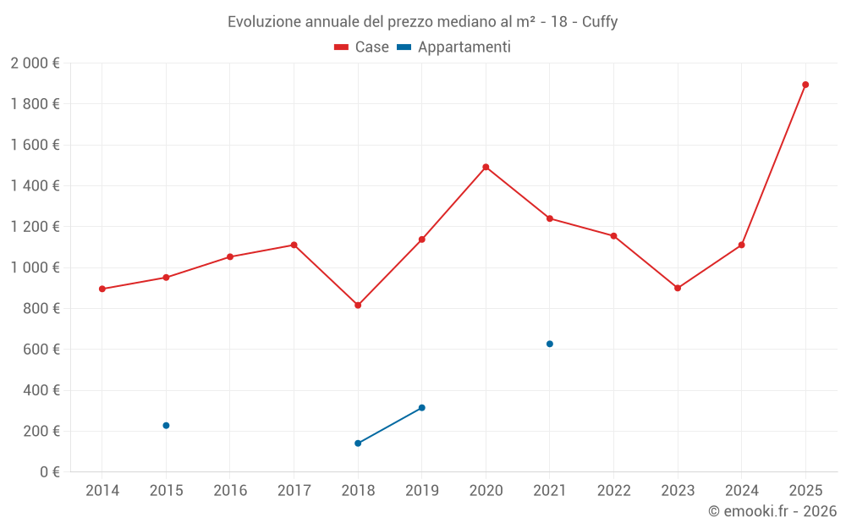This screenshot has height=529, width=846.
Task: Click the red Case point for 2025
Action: pyautogui.click(x=805, y=85)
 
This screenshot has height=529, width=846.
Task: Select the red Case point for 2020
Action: pyautogui.click(x=486, y=167)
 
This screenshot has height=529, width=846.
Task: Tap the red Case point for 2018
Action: pyautogui.click(x=358, y=305)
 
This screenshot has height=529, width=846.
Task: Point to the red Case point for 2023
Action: pyautogui.click(x=678, y=288)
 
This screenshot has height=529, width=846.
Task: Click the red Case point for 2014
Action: pyautogui.click(x=102, y=289)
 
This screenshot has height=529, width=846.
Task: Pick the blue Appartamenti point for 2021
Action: pyautogui.click(x=550, y=344)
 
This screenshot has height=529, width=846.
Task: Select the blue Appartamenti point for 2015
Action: pyautogui.click(x=166, y=426)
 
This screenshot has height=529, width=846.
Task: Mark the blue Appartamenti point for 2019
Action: pyautogui.click(x=422, y=408)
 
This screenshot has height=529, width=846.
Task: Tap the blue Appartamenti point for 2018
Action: pyautogui.click(x=358, y=443)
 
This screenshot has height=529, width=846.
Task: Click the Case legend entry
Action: pyautogui.click(x=362, y=47)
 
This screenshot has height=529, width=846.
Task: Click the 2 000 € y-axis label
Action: pyautogui.click(x=35, y=63)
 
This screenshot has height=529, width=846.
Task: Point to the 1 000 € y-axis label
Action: pyautogui.click(x=35, y=267)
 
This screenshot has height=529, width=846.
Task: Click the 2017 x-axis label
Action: pyautogui.click(x=294, y=490)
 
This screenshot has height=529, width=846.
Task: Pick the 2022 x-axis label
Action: pyautogui.click(x=613, y=490)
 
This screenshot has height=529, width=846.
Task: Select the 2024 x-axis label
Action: pyautogui.click(x=741, y=490)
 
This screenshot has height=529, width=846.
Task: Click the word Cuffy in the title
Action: pyautogui.click(x=600, y=22)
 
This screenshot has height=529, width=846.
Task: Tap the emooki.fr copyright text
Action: pyautogui.click(x=772, y=511)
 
